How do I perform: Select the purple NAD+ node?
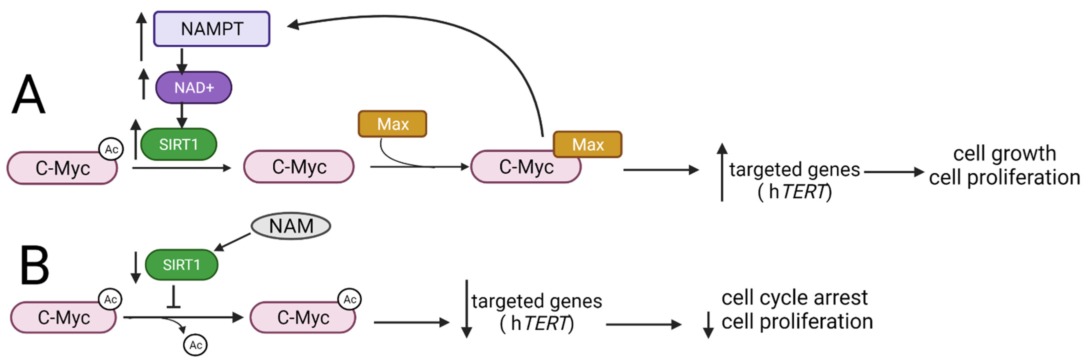click(x=194, y=87)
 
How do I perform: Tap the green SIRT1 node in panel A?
click(x=178, y=144)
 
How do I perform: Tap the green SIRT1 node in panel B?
click(x=181, y=265)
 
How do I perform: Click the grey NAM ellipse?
click(x=291, y=226)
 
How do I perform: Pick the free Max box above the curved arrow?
click(x=392, y=124)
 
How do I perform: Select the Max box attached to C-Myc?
click(x=587, y=144)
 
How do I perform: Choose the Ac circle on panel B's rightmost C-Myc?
click(x=350, y=299)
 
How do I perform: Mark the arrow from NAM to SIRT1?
click(x=233, y=242)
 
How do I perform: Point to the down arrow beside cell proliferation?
click(x=709, y=325)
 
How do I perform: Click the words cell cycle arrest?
click(x=794, y=298)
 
